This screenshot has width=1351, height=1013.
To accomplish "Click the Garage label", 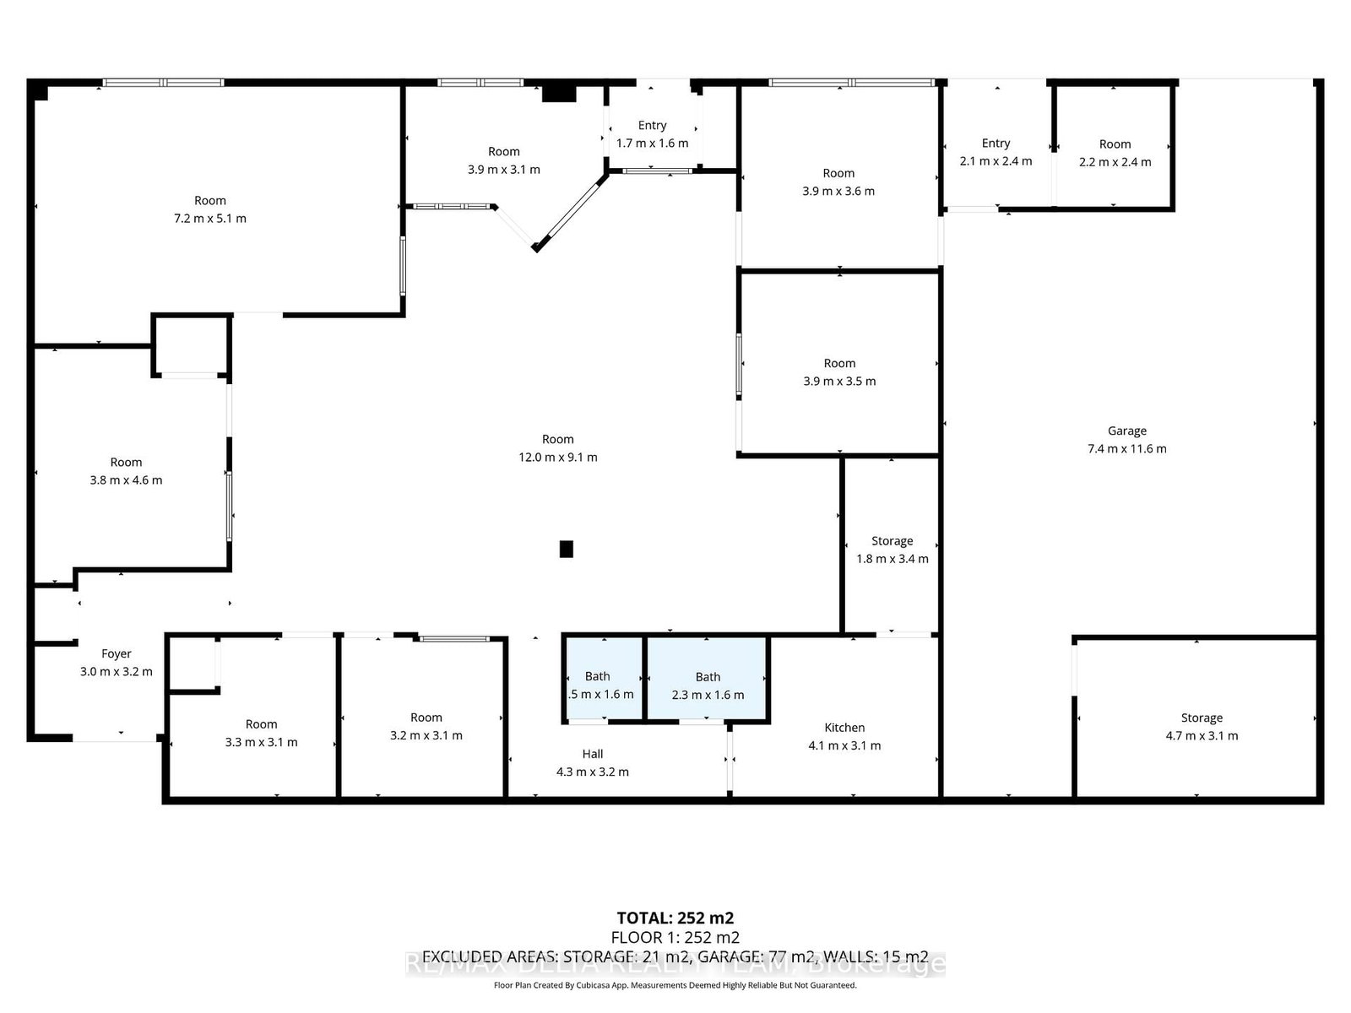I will click(x=1126, y=431).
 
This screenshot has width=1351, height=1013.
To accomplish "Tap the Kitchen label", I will click(x=844, y=728).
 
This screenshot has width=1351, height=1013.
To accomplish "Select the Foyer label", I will click(x=117, y=653).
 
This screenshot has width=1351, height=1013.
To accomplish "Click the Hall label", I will click(x=593, y=754).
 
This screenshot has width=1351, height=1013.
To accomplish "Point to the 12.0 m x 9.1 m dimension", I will click(x=557, y=458).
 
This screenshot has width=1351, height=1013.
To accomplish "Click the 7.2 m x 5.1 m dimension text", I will click(x=210, y=219).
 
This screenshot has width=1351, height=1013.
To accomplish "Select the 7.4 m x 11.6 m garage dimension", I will click(x=1126, y=449).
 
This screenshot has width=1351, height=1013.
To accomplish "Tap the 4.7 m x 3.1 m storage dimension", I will click(x=1202, y=736).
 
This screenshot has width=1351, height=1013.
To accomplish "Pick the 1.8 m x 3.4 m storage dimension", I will click(x=892, y=559).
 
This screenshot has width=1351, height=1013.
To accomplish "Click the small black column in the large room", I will click(x=567, y=549).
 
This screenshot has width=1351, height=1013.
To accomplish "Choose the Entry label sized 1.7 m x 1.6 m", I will click(x=652, y=125).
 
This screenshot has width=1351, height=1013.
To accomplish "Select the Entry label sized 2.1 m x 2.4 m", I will click(x=996, y=144).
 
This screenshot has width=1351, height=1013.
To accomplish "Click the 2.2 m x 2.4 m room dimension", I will click(x=1115, y=162).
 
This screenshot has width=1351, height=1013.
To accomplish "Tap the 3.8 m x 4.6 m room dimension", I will click(x=126, y=480).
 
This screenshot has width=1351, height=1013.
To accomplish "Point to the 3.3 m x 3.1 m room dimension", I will click(x=261, y=743).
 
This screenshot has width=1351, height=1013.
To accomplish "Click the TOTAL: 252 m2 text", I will click(x=675, y=918).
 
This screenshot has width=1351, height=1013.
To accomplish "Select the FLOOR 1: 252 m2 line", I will click(x=675, y=938).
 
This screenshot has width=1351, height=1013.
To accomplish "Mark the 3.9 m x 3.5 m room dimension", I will click(x=839, y=382).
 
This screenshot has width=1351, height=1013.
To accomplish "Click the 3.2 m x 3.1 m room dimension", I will click(x=426, y=736).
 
